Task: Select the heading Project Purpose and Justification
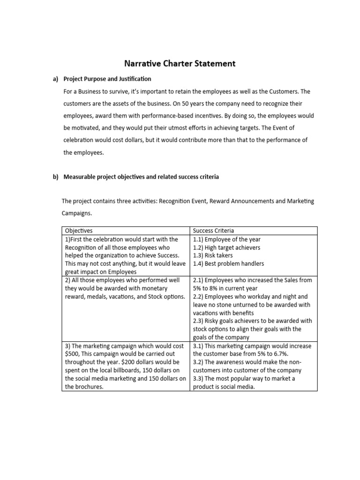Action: (107, 79)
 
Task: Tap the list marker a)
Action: (55, 79)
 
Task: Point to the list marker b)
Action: (55, 177)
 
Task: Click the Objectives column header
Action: (79, 231)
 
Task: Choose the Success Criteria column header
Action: (213, 231)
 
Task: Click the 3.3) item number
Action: (198, 379)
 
